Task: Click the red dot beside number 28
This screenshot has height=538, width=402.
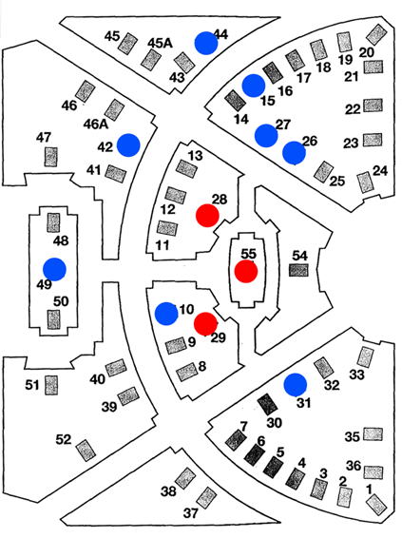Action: [x=207, y=215]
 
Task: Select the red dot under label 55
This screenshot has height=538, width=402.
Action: [x=246, y=271]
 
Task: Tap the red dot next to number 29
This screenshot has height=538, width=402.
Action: [x=205, y=324]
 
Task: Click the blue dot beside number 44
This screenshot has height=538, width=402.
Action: [x=206, y=43]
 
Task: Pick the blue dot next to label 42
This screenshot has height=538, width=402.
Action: [x=128, y=145]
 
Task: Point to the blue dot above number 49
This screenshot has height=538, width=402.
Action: [x=54, y=269]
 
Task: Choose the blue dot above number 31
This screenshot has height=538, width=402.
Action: [x=296, y=385]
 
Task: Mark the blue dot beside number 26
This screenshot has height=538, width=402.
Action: [x=294, y=153]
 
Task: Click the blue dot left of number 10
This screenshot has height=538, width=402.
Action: [x=166, y=314]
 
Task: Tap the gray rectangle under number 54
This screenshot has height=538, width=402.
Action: [x=298, y=270]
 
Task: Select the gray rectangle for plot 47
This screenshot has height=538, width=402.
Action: [x=50, y=157]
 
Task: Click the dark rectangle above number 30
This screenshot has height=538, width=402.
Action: [x=268, y=404]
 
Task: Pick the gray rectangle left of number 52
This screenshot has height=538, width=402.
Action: [x=86, y=451]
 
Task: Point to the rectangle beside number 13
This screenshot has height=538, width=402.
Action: [x=186, y=168]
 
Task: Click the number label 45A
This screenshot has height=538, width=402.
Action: [x=161, y=43]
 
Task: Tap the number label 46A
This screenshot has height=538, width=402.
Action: [x=96, y=124]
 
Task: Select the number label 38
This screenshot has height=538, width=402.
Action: [x=168, y=491]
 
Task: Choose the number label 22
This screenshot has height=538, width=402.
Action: [x=353, y=109]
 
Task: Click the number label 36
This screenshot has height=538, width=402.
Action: [x=354, y=466]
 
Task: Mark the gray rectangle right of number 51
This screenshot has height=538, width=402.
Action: [x=51, y=385]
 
